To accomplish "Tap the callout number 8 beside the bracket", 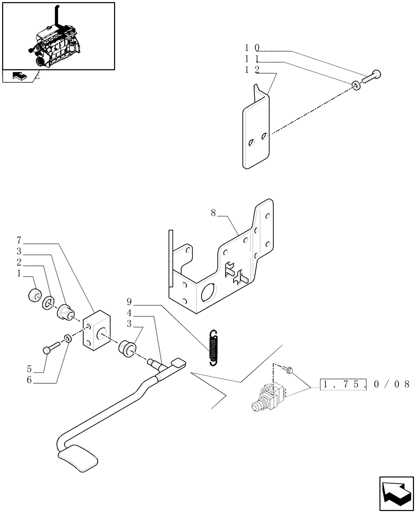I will click(x=213, y=212).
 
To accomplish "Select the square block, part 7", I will click(x=98, y=332).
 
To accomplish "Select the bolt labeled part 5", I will click(x=52, y=349).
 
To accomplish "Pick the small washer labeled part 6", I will click(x=68, y=339).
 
